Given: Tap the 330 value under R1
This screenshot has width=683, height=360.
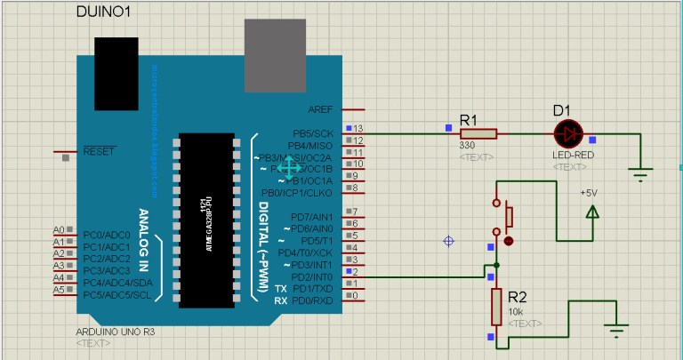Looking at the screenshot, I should pos(467,146).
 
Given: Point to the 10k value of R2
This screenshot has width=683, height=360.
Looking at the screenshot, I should pos(516,312).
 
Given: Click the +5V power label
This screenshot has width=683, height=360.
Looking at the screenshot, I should pos(589,193).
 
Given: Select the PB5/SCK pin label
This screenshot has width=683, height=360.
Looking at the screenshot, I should pos(312,133).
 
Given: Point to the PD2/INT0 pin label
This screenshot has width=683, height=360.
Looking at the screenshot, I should pos(312,276).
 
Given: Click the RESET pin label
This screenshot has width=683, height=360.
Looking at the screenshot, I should pos(99,151).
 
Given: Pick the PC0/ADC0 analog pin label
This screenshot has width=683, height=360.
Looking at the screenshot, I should pos(106,235).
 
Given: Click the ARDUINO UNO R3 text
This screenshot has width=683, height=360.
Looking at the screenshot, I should pos(116,332).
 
